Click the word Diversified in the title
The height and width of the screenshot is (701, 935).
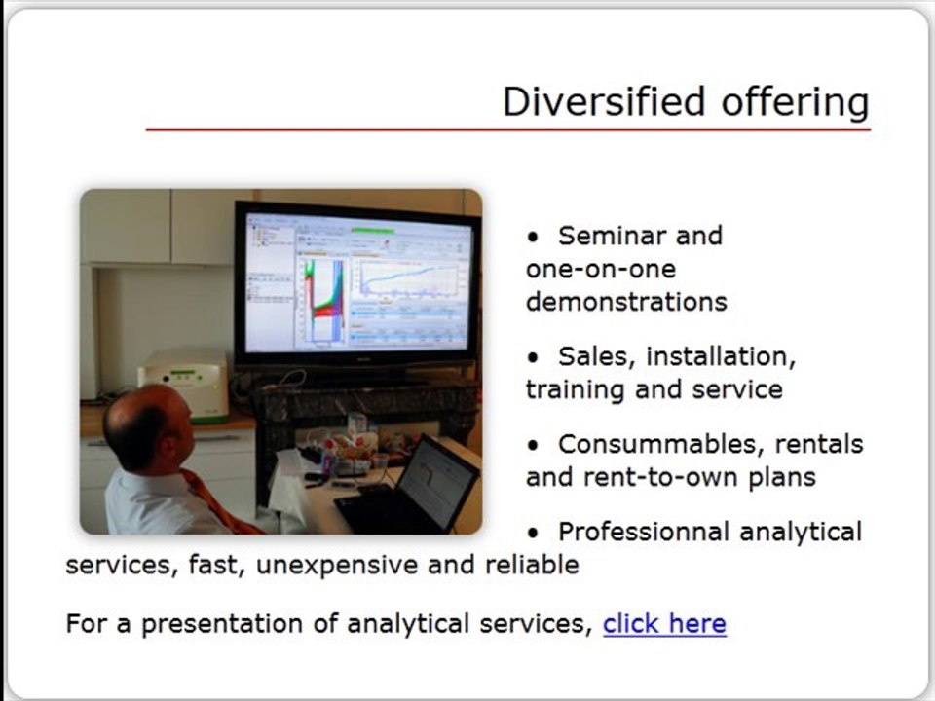click(x=604, y=101)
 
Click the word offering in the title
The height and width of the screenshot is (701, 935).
click(x=796, y=102)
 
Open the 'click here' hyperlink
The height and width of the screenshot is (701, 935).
click(x=664, y=623)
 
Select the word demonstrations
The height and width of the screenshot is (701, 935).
click(x=626, y=302)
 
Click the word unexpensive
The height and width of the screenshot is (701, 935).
click(x=336, y=565)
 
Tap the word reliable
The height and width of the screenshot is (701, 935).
click(x=532, y=565)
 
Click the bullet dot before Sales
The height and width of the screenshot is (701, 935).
click(x=533, y=357)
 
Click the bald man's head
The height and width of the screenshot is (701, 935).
click(x=147, y=425)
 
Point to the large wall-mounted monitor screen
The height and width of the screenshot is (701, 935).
click(x=357, y=284)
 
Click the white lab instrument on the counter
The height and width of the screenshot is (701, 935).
click(x=184, y=386)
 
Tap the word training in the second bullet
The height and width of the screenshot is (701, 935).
click(x=575, y=390)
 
